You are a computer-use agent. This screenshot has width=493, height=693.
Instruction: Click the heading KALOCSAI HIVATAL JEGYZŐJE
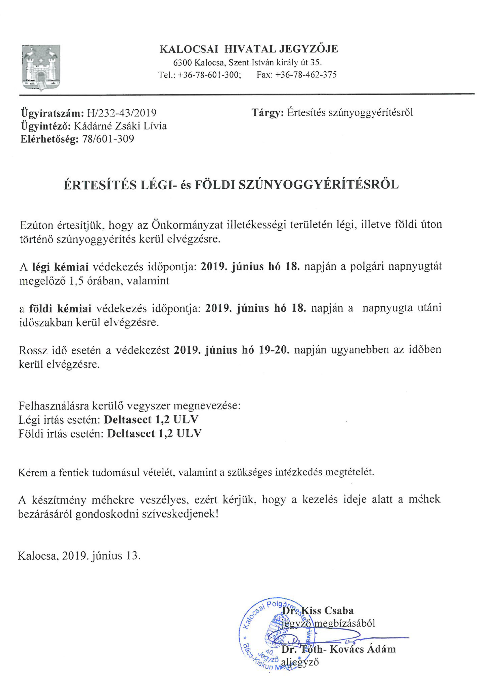(249, 49)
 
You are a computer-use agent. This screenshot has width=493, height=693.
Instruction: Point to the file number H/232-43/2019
(121, 113)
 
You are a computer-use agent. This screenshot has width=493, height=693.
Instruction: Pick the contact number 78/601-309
(108, 139)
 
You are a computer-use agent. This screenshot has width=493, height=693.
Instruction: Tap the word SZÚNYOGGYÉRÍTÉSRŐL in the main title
(319, 185)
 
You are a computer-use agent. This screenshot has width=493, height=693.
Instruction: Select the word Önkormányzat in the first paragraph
(188, 225)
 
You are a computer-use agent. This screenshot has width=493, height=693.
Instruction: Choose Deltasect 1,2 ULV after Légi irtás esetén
(151, 420)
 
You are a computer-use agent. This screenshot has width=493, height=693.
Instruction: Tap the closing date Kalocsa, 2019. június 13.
(80, 556)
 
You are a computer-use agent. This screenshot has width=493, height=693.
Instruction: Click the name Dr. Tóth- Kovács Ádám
(338, 649)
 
